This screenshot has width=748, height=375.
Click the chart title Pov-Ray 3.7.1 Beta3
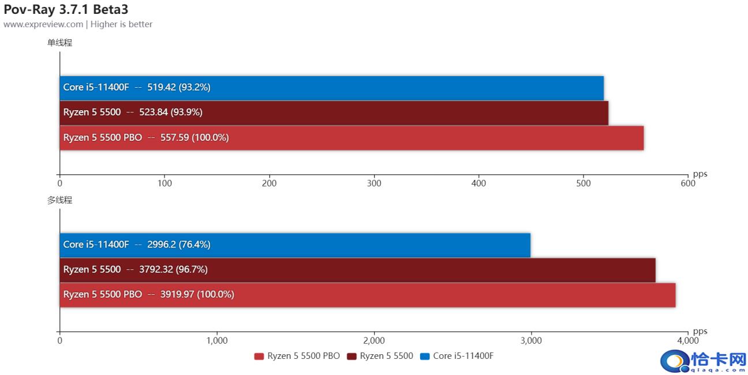66,9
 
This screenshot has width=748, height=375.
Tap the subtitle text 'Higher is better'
121,24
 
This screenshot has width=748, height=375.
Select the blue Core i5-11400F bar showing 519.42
332,88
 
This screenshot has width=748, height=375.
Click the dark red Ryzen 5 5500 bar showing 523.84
334,113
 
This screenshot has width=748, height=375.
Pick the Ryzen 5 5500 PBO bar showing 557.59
351,138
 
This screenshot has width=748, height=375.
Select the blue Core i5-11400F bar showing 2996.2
295,245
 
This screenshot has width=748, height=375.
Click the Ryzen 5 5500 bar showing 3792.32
358,270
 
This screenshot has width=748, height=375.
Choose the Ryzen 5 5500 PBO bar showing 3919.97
368,295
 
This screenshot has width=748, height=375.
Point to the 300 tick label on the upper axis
374,183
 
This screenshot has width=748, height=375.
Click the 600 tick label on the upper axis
688,183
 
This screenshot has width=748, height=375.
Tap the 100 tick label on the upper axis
164,183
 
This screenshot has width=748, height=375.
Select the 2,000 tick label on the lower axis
374,340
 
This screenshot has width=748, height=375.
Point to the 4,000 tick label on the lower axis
688,340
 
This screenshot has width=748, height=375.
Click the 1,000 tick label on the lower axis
217,340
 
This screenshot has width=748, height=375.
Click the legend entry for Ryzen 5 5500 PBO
297,356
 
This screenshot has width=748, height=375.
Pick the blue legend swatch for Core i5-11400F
425,357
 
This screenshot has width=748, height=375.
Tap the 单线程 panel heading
60,43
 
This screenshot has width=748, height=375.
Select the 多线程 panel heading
60,200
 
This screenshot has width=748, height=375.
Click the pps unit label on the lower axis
700,332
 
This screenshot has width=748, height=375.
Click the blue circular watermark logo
675,361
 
